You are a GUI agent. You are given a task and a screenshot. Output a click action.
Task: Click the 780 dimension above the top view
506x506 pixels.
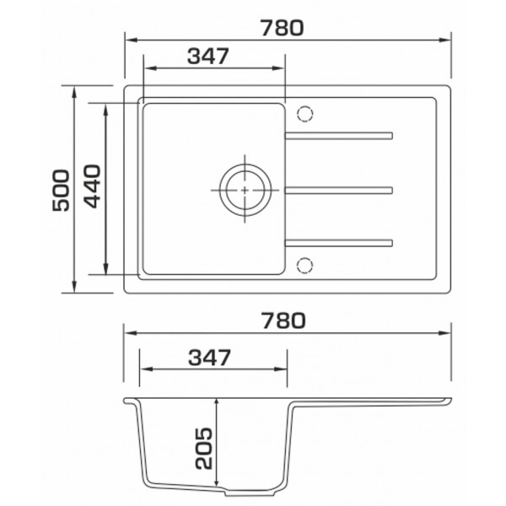pos(283,28)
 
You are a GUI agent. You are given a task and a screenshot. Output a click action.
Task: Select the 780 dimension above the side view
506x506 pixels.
pos(283,320)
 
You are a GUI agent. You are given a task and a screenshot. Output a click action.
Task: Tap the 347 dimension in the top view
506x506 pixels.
pos(208,57)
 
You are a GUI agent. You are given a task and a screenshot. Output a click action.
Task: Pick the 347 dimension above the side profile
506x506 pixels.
pos(210,358)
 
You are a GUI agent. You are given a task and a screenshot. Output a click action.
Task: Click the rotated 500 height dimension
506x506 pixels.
pos(61,191)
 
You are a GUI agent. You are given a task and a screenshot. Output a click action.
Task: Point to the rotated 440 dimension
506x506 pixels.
pos(93,186)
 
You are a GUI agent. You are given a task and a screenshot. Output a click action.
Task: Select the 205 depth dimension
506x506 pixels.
pos(203,449)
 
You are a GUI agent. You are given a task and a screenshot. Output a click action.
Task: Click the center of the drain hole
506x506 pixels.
pos(245,190)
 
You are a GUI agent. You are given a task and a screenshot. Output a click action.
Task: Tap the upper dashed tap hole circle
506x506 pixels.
pos(304,114)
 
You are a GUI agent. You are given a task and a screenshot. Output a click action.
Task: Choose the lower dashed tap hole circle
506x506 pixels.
pos(304,266)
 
